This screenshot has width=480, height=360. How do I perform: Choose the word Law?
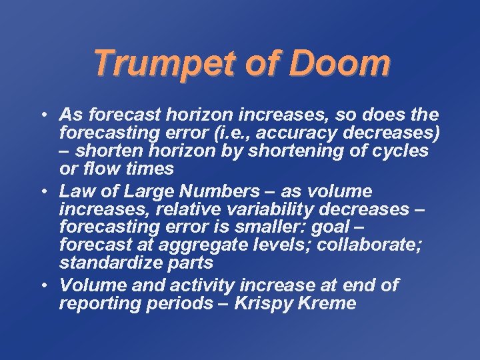pos(77,191)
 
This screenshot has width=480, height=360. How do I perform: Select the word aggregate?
pos(207,244)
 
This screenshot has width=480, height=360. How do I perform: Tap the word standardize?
pos(112,263)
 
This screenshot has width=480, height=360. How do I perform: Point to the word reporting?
pos(97,304)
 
